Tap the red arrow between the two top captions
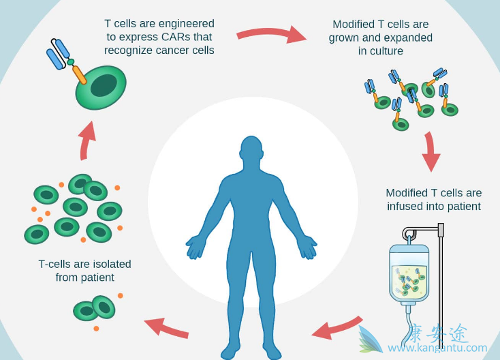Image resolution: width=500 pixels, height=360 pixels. pos(271,33)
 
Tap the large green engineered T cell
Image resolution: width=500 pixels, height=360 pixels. pos(101,87)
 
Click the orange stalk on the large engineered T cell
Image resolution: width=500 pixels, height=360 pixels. pos(80,74)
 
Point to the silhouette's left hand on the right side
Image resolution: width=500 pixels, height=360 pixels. pos(307,247)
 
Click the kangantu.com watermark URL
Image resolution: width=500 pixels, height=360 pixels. pos(437,348)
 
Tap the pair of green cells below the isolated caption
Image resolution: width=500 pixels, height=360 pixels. pos(95,309)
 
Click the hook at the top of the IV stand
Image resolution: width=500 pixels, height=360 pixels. pos(409,234)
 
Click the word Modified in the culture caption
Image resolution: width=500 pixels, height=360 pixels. pos(353,24)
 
